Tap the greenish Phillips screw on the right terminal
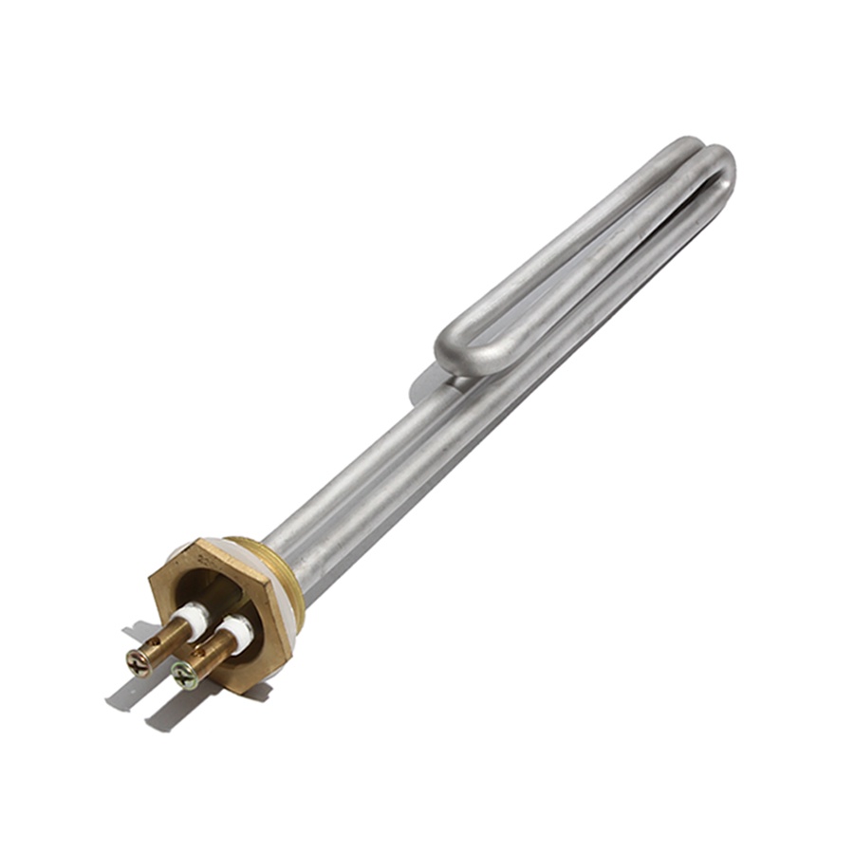click(x=184, y=676)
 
